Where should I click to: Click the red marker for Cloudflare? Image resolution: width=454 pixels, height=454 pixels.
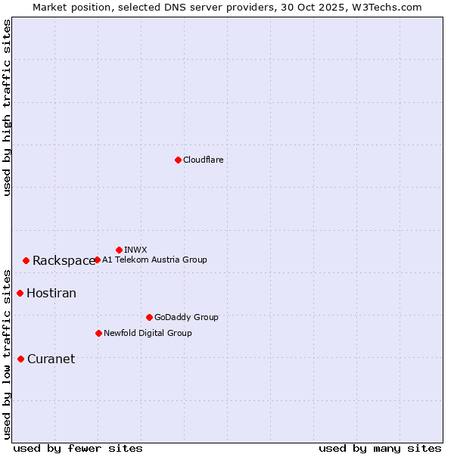coord(178,160)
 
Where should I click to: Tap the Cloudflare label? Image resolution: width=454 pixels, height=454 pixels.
coord(203,160)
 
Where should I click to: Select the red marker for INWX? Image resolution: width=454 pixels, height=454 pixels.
coord(119,250)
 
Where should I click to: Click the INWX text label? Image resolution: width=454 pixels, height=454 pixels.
coord(135,250)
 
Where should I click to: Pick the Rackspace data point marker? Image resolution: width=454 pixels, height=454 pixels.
coord(26,260)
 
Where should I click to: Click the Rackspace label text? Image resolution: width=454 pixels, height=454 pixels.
coord(64,260)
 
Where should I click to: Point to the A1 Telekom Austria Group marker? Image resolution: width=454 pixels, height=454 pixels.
coord(97,260)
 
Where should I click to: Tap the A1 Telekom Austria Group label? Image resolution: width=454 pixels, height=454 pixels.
coord(154,260)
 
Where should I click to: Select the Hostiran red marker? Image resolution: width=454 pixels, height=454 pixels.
coord(20,293)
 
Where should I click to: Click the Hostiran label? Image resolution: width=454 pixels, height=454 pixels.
coord(51,293)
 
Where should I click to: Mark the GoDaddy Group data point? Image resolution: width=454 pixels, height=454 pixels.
coord(149,317)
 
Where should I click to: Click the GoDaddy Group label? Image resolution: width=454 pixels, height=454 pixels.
coord(186,317)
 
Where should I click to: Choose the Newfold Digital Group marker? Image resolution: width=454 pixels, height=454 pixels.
coord(98,333)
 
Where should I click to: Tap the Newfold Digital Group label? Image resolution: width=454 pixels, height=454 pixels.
coord(148,333)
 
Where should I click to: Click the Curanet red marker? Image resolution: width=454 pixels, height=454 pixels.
coord(20,359)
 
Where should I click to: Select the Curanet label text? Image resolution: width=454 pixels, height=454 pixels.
coord(51,359)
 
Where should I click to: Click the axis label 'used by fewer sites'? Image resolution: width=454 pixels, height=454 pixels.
coord(78,448)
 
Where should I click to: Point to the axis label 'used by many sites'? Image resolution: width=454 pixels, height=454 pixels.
coord(380,448)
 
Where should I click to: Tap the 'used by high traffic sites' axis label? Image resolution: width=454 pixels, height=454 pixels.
coord(7,107)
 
